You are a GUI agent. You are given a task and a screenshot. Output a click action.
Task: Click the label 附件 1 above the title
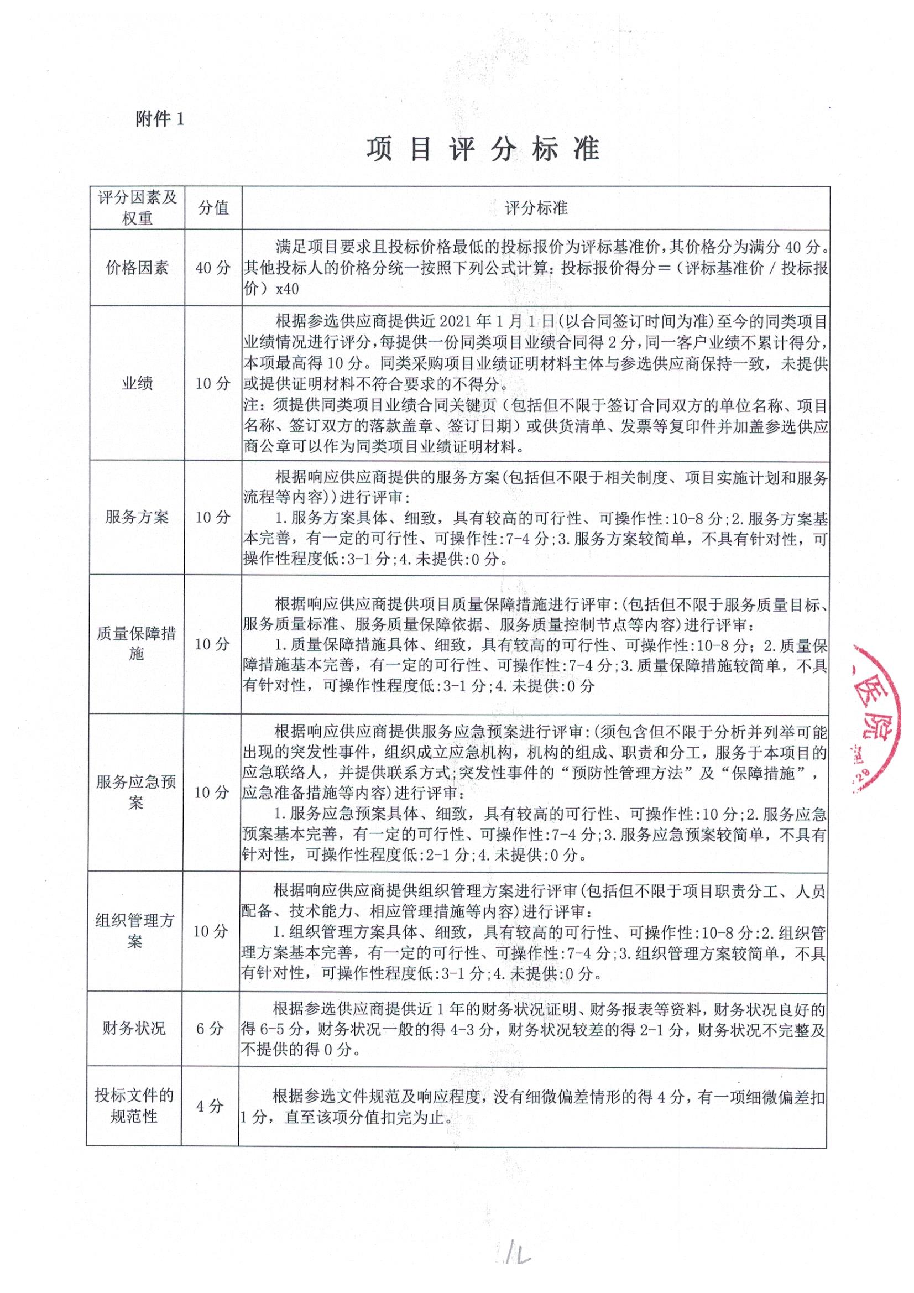(x=159, y=119)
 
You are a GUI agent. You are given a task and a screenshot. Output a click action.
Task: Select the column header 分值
(x=213, y=208)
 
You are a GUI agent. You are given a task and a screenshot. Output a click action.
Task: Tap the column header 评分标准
(x=536, y=208)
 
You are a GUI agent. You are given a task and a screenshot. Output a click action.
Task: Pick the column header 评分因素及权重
(x=138, y=207)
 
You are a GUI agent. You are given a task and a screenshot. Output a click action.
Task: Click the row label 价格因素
(x=138, y=268)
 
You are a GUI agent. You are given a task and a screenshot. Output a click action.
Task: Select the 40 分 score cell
(x=213, y=268)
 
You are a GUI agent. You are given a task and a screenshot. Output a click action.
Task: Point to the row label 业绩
(x=138, y=383)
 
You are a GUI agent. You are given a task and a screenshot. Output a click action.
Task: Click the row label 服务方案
(x=137, y=517)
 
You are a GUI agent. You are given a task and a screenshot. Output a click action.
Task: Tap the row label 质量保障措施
(x=136, y=643)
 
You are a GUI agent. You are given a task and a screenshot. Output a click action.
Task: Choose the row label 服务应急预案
(x=135, y=792)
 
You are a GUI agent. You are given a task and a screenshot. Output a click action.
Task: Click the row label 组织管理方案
(x=135, y=931)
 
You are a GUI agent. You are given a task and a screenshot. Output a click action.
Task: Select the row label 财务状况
(x=134, y=1028)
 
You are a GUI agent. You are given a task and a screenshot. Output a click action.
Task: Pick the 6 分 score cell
(x=210, y=1028)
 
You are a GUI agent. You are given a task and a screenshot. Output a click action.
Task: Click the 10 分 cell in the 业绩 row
(x=213, y=383)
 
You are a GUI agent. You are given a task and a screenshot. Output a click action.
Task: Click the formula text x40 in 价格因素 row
(x=287, y=289)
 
